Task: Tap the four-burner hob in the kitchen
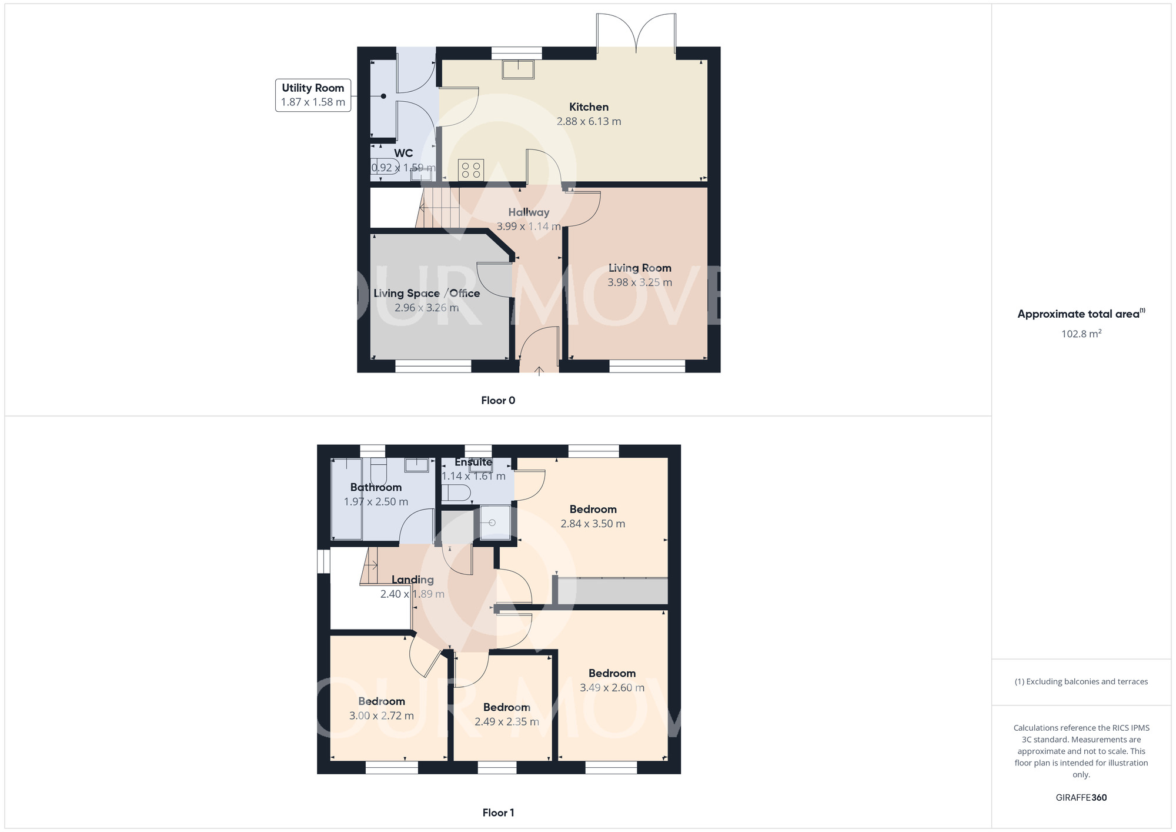point(471,171)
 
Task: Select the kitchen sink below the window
point(518,69)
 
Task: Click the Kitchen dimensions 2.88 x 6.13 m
point(589,121)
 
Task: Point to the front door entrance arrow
point(539,371)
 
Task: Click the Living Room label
point(640,268)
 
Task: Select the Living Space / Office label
point(426,293)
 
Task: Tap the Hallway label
point(529,212)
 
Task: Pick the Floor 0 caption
point(498,400)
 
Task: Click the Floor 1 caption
point(498,813)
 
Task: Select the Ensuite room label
point(473,462)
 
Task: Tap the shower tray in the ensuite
point(495,523)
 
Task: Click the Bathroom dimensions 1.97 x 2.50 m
point(376,502)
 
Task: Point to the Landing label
point(412,580)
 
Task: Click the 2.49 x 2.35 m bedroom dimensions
point(506,721)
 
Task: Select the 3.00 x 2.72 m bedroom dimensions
point(381,715)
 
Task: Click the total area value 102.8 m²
point(1081,334)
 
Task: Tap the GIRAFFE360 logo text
point(1081,798)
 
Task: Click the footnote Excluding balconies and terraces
point(1081,681)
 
